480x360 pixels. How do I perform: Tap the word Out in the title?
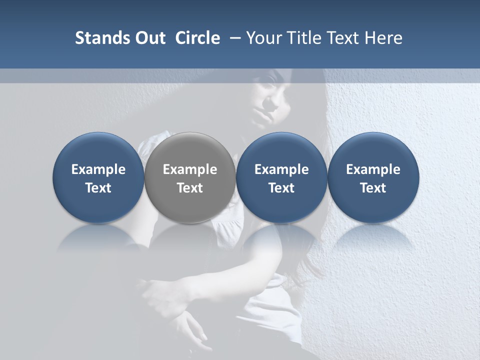(x=149, y=38)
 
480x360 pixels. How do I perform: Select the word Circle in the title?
(x=197, y=38)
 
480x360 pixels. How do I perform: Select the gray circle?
(x=190, y=177)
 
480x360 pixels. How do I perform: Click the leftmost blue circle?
(x=98, y=177)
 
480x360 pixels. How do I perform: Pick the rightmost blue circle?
(x=373, y=177)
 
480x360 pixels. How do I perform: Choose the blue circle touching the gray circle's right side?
(x=281, y=177)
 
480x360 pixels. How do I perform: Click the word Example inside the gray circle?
(x=190, y=169)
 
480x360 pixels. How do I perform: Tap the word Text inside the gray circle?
(x=190, y=188)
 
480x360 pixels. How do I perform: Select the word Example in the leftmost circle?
(x=98, y=169)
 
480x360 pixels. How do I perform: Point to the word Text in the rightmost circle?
(x=373, y=188)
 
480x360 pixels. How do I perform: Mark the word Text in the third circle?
(x=281, y=188)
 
